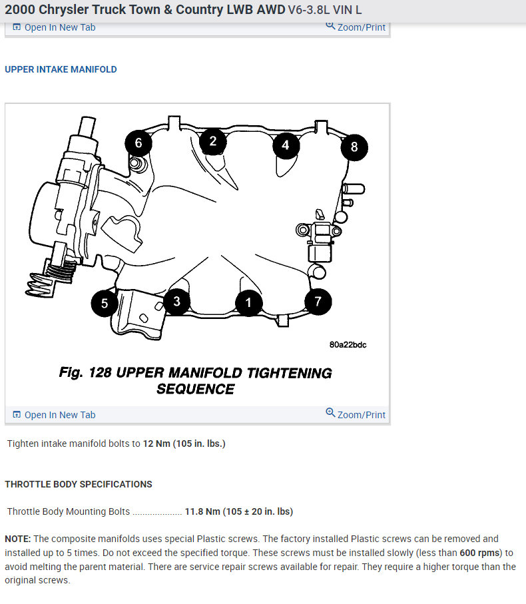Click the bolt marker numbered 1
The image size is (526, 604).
248,303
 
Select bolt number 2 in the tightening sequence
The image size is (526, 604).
212,141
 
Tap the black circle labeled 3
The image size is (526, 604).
176,302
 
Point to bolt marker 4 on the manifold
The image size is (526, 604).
285,145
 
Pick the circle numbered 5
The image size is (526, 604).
105,304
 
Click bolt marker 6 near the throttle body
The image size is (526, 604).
138,143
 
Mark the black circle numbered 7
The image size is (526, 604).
318,302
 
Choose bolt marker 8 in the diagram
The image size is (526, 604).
354,147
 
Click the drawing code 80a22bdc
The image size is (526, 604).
348,345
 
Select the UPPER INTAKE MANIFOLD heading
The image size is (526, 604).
61,69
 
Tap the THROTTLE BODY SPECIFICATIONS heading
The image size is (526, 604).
79,484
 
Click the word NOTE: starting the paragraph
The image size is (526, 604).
18,539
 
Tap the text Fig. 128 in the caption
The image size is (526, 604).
85,373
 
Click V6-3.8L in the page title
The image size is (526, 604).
312,10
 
